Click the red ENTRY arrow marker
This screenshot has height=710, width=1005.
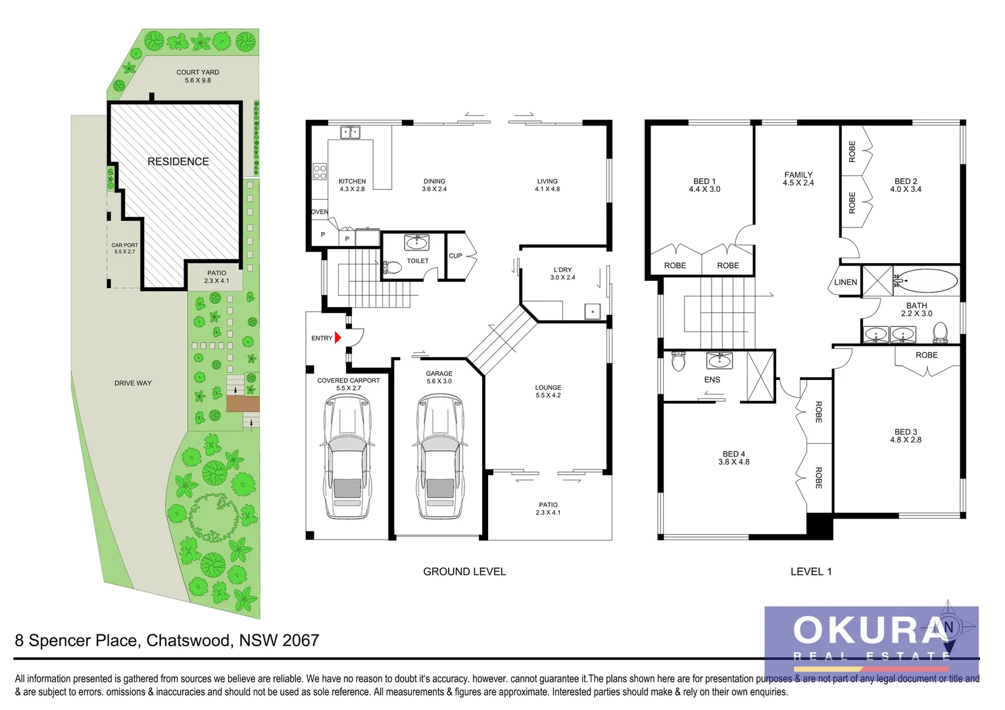point(338,338)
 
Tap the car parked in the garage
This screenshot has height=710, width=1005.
point(439,457)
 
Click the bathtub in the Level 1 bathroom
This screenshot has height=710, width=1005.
point(926,281)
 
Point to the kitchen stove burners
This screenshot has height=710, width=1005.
point(320,172)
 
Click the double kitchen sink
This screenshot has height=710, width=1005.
point(350,133)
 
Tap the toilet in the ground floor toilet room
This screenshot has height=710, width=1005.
point(393,268)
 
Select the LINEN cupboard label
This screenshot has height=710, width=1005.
point(845,283)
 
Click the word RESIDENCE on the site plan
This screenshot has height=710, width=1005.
point(178,162)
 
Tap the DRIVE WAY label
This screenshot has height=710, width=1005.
point(133,383)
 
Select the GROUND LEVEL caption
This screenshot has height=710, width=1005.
point(464,572)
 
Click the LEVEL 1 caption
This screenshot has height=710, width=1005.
point(811,572)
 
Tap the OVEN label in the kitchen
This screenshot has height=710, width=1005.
point(320,212)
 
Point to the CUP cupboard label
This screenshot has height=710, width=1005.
point(455,256)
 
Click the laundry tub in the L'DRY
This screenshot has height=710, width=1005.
point(593,312)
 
